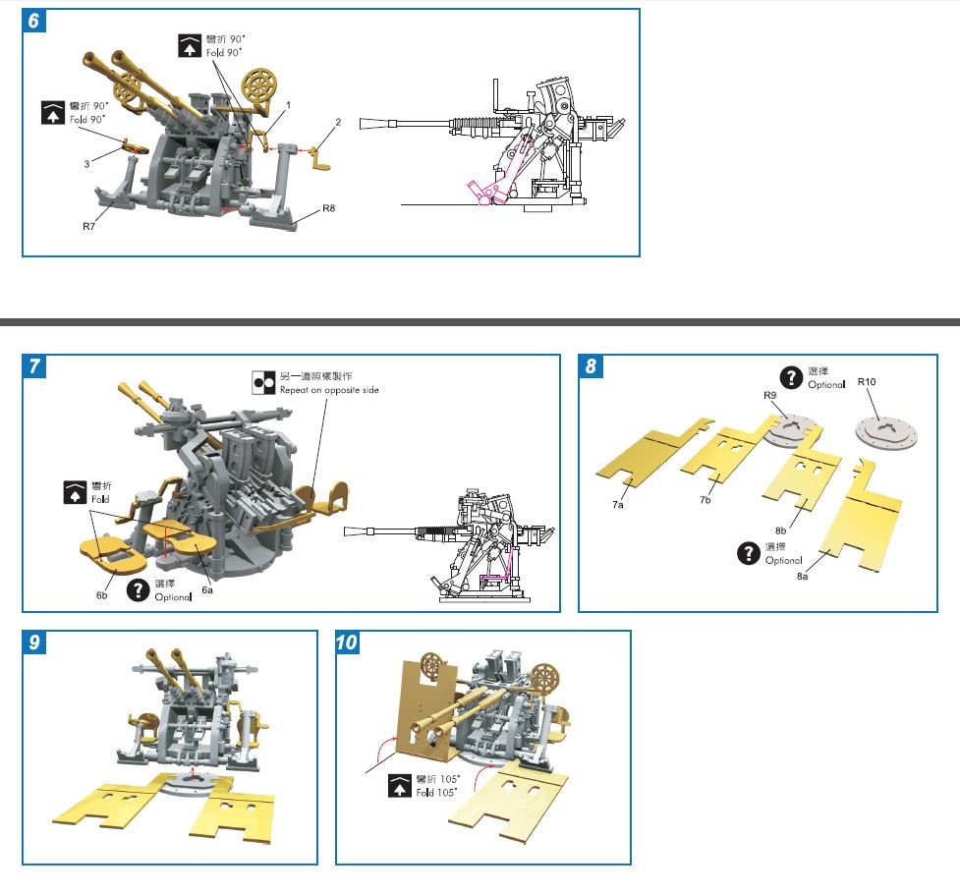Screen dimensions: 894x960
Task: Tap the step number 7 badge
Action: (x=34, y=366)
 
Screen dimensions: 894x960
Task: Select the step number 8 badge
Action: (x=591, y=366)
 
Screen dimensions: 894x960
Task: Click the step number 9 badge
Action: (x=34, y=643)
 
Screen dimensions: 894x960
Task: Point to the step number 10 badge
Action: (x=347, y=643)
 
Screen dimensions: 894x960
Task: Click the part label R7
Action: (x=88, y=226)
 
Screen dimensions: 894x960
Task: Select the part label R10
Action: (x=867, y=380)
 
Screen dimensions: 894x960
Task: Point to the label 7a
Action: (x=618, y=503)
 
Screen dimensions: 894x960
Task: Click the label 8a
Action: (x=804, y=577)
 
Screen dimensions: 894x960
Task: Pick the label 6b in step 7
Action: (x=102, y=595)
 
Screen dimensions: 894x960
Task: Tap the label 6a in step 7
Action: (x=207, y=589)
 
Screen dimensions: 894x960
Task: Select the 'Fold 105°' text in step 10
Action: (x=436, y=792)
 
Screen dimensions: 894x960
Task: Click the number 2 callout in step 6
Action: (x=337, y=122)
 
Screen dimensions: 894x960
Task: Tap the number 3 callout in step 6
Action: (x=86, y=163)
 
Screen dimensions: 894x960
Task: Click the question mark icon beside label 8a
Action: (x=750, y=553)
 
